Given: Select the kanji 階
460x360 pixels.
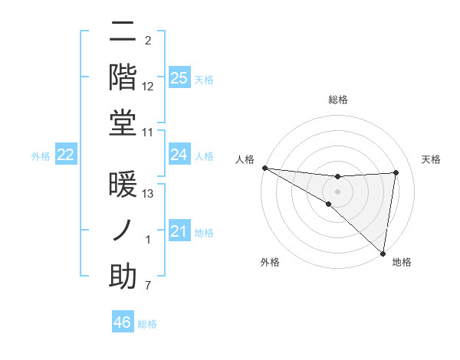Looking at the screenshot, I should click(x=122, y=77).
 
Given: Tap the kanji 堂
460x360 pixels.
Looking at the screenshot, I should click(x=122, y=123).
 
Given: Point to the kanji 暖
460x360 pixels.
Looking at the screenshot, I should click(x=122, y=184).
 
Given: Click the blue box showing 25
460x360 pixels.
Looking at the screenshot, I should click(x=179, y=78).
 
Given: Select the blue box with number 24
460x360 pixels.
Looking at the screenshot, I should click(x=179, y=155).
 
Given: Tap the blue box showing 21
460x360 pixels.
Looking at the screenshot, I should click(x=179, y=231).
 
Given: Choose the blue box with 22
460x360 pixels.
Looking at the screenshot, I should click(x=66, y=155).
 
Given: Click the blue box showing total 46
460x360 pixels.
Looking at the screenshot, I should click(x=122, y=322).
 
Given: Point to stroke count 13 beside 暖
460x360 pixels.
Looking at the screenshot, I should click(x=148, y=194).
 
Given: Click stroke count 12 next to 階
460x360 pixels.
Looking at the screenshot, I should click(x=148, y=87).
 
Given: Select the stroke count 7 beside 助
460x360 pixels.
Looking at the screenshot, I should click(x=148, y=286).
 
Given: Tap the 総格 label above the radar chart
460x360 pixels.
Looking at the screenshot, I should click(x=337, y=100).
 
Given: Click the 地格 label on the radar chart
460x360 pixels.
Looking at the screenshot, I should click(x=402, y=263).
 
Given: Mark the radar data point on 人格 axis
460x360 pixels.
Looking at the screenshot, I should click(x=264, y=168).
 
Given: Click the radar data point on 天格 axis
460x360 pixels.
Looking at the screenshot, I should click(x=396, y=172).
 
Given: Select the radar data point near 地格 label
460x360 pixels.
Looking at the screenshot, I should click(x=383, y=252).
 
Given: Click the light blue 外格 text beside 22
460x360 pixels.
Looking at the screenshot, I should click(x=41, y=155).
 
